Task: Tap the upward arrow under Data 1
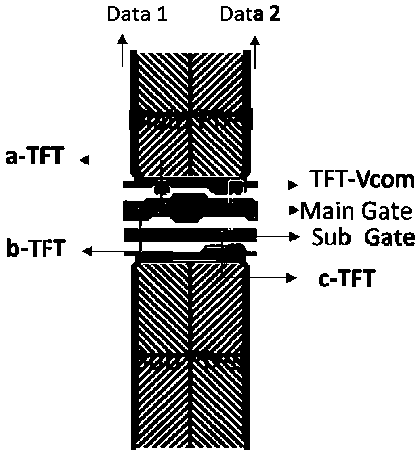pos(122,50)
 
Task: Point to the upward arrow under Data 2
pos(254,50)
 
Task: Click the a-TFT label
pos(34,158)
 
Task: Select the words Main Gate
pos(356,210)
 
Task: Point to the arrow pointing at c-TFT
pos(271,278)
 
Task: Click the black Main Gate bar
pos(190,210)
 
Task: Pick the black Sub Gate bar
pos(190,235)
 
